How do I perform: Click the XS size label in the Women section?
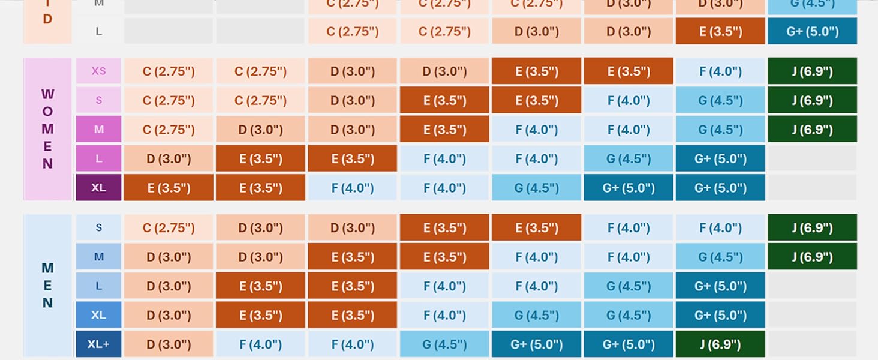click(x=98, y=71)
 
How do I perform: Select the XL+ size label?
click(x=98, y=344)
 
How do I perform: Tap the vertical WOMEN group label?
click(x=47, y=129)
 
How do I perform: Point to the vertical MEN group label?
click(x=47, y=286)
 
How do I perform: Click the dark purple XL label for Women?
click(x=98, y=188)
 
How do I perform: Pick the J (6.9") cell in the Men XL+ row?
click(x=720, y=344)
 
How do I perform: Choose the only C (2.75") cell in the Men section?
click(x=169, y=228)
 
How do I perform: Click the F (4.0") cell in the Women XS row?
click(x=720, y=71)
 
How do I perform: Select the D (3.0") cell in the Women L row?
click(x=169, y=159)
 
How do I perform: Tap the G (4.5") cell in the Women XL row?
click(x=536, y=188)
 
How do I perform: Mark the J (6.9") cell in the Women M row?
click(x=812, y=130)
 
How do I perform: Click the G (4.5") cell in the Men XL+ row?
click(x=444, y=344)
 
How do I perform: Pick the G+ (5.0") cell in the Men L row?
click(x=720, y=286)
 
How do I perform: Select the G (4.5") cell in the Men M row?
click(x=720, y=257)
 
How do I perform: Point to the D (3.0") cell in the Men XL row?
click(x=169, y=315)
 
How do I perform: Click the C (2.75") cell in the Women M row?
click(x=169, y=130)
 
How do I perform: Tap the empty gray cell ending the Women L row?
click(x=812, y=159)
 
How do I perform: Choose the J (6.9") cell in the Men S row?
click(x=812, y=228)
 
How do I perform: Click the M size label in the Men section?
click(x=98, y=257)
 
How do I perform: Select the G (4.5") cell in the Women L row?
click(x=628, y=159)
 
